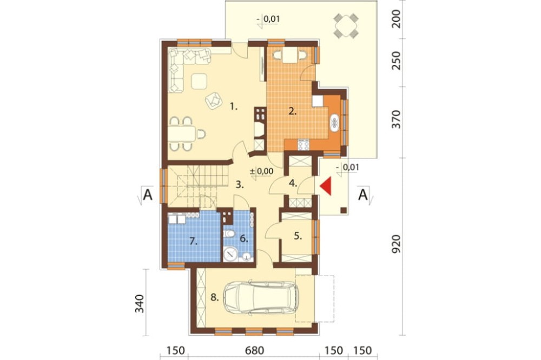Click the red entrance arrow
tap(326, 186)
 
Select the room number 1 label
tap(234, 107)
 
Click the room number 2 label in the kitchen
tap(293, 111)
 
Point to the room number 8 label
tap(215, 297)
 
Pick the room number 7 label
tap(194, 242)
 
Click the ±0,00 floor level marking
tap(261, 171)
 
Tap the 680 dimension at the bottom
tap(255, 351)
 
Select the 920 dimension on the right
tap(397, 244)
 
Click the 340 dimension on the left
tap(140, 303)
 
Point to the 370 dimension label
tap(397, 119)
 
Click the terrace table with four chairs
tap(346, 25)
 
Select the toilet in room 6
tap(228, 234)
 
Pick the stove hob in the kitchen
tap(304, 144)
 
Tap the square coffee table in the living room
tap(199, 82)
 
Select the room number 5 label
tap(298, 236)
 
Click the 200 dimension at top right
tap(397, 18)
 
